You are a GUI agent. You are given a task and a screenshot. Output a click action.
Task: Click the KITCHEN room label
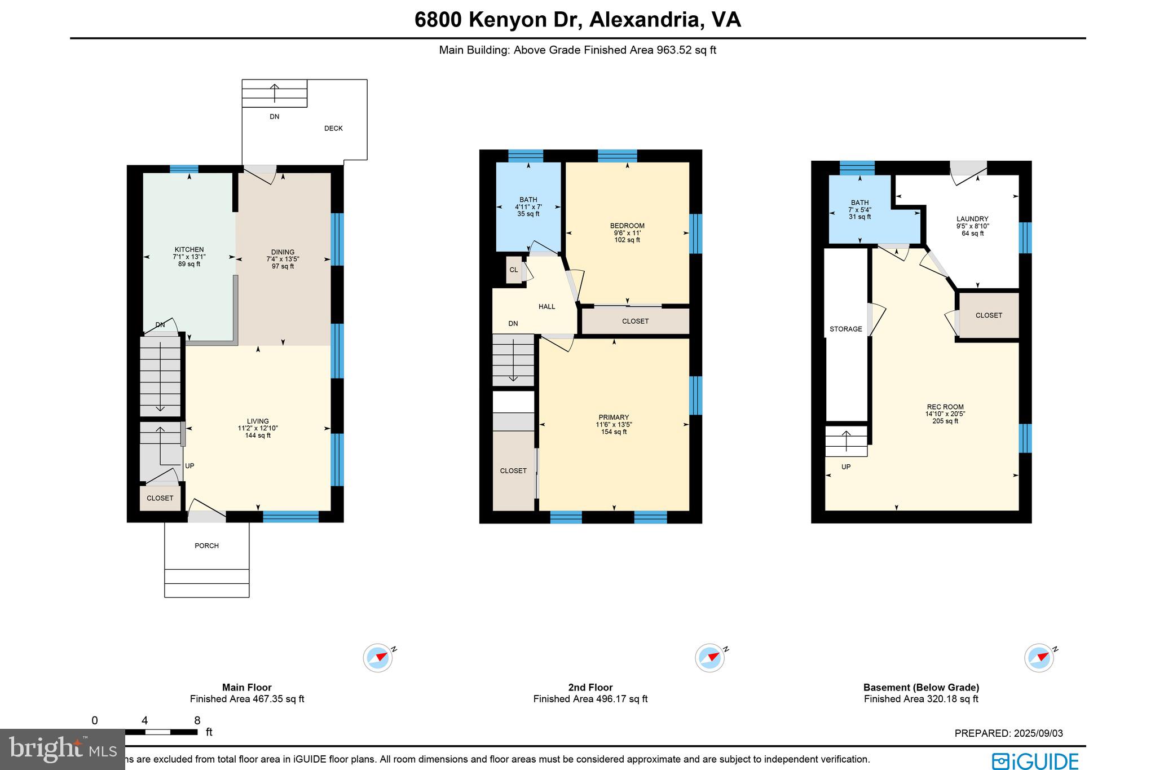189,249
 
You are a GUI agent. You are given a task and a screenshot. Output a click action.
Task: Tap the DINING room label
283,252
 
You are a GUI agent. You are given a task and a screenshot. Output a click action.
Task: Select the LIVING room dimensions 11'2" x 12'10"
258,428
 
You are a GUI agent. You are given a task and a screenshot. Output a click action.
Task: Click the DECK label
333,129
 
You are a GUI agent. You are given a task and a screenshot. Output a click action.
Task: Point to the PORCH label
206,545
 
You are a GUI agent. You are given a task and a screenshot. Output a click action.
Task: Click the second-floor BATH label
528,200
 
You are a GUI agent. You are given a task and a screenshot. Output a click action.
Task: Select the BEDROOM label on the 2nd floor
627,226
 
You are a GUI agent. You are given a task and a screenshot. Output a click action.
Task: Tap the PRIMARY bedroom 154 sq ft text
614,432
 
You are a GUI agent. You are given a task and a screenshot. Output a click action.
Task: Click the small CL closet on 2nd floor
514,270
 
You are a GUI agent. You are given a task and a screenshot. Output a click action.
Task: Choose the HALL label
546,307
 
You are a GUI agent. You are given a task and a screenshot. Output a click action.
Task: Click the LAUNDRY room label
972,219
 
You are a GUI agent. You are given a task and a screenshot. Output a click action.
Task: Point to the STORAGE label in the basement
845,329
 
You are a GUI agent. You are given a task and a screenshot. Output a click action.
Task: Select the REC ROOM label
945,407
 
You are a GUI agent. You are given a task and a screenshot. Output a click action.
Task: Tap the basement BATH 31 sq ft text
860,217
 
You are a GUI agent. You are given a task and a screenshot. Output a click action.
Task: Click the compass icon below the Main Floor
377,658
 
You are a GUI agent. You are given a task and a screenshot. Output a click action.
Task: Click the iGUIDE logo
1035,760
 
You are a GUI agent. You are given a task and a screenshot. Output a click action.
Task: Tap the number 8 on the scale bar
197,720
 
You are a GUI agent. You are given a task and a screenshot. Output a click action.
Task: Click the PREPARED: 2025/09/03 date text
1008,733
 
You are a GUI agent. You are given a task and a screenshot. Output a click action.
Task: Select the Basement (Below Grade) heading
921,687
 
